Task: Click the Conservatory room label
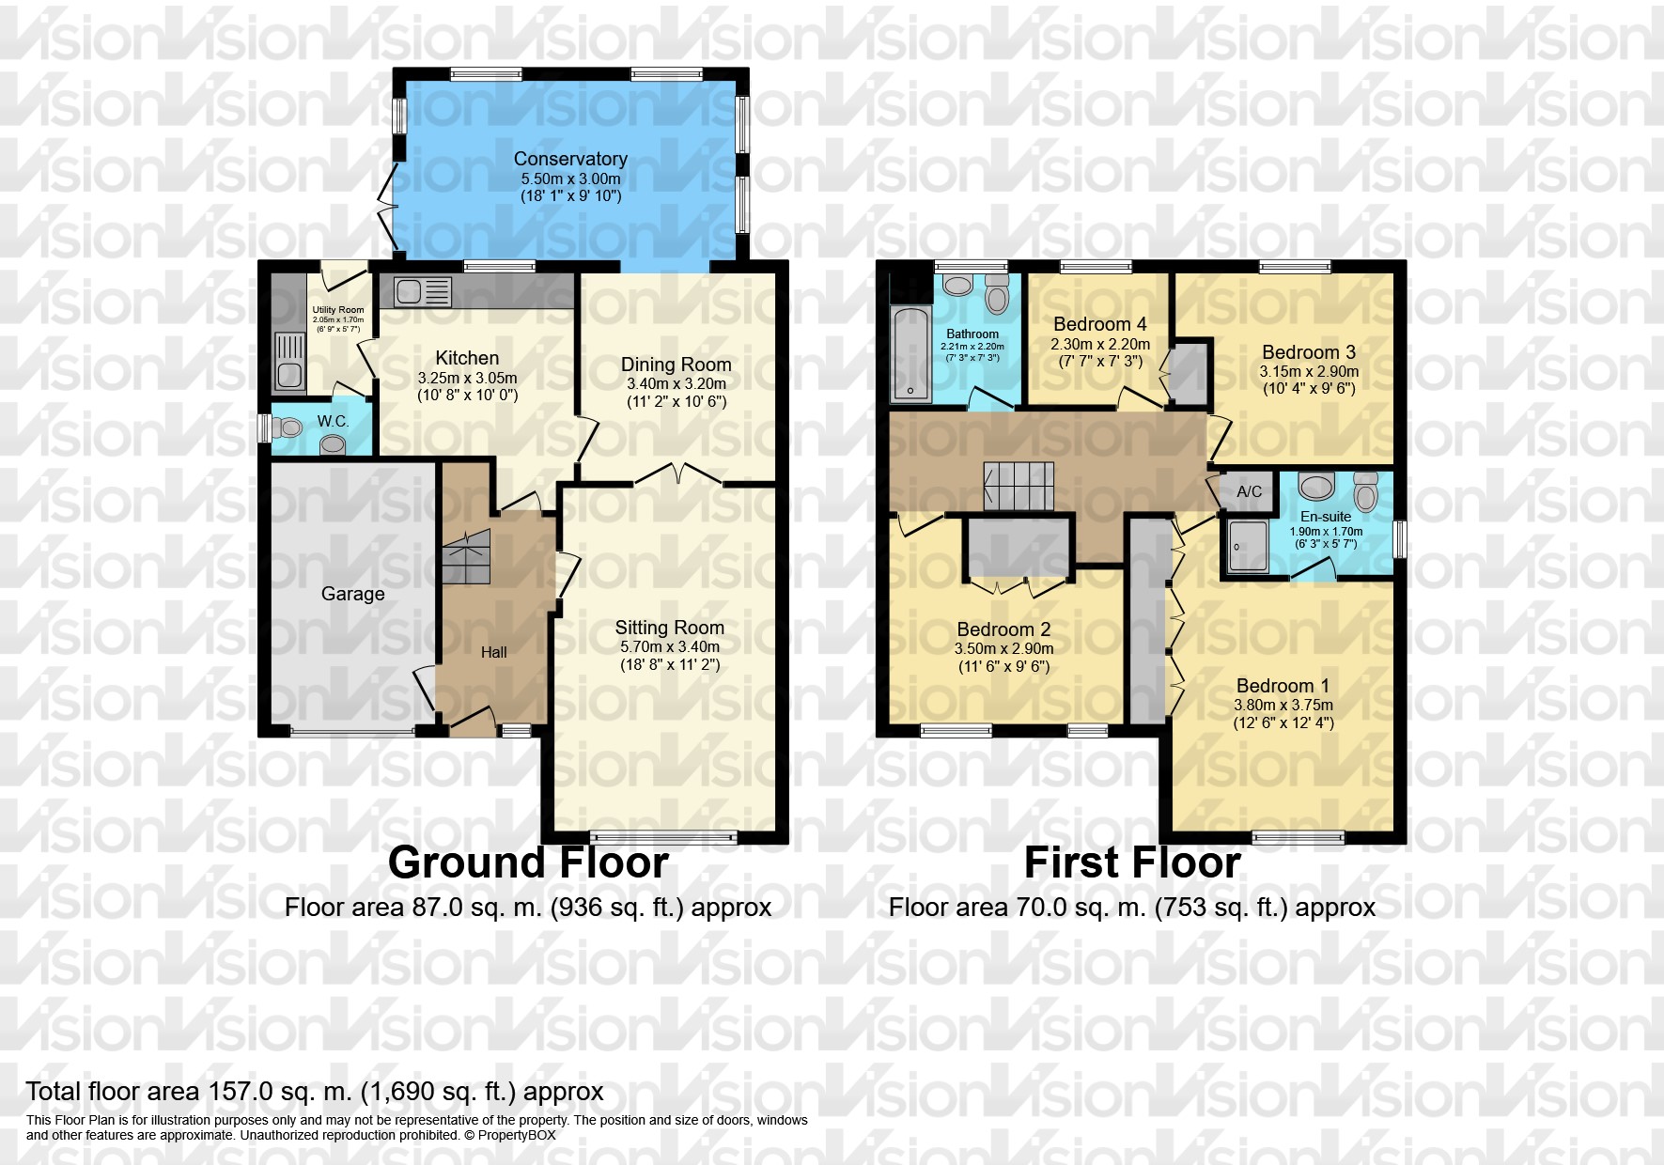tap(570, 159)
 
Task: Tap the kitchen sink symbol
tap(422, 291)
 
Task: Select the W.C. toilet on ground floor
tap(290, 428)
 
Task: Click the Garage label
tap(352, 593)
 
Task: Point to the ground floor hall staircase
tap(467, 556)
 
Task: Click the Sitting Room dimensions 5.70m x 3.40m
tap(669, 646)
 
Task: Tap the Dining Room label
tap(676, 365)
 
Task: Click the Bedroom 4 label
tap(1099, 324)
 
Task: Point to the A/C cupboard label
tap(1249, 491)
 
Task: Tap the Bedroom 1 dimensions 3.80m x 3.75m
tap(1283, 705)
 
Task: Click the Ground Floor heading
tap(528, 862)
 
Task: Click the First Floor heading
tap(1131, 862)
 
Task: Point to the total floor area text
tap(315, 1092)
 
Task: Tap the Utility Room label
tap(338, 310)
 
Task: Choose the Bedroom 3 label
tap(1308, 352)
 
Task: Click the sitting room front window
tap(664, 835)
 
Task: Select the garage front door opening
tap(351, 731)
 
